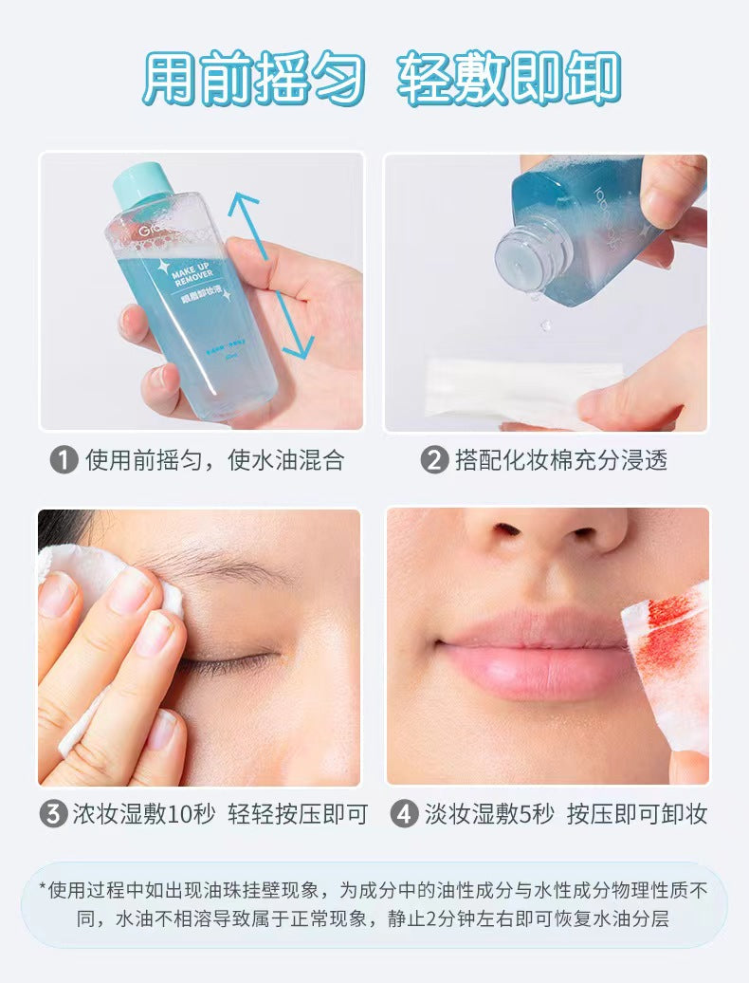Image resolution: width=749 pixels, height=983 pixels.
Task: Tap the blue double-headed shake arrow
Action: tap(271, 276)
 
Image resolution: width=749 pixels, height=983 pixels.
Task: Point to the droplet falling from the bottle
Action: tap(546, 325)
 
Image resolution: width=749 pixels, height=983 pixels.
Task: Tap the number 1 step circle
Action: tap(64, 461)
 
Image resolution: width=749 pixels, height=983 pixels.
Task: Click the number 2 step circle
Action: tap(434, 461)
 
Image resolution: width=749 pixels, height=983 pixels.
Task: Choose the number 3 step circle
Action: tap(52, 814)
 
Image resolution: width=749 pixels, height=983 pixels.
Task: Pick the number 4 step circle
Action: tap(404, 814)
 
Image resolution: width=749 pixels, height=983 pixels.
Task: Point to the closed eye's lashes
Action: tap(230, 663)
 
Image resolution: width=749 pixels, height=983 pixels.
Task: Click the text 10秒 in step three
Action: tap(192, 814)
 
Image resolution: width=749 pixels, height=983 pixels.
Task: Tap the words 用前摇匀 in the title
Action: tap(254, 79)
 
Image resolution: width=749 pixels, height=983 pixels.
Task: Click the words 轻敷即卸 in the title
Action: tap(509, 79)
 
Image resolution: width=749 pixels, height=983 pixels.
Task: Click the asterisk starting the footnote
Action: tap(43, 887)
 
